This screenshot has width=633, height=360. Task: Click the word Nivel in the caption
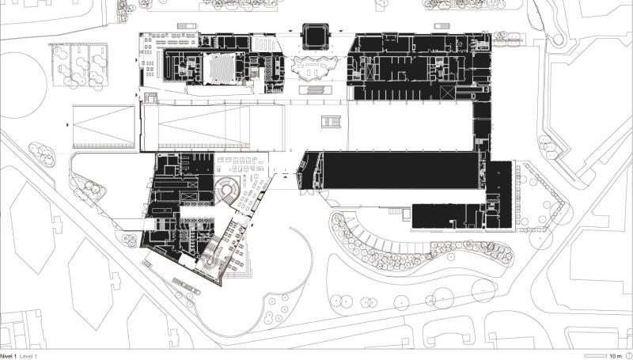[7, 356]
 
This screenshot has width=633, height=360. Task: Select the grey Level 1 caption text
[28, 356]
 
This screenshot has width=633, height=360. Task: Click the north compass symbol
[627, 355]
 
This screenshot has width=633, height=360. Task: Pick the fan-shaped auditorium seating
[219, 68]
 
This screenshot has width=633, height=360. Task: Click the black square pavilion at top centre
[315, 36]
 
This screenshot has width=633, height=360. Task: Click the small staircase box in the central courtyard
[331, 122]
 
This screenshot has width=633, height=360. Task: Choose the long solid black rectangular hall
[400, 170]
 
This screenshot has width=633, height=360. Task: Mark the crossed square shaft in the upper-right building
[448, 93]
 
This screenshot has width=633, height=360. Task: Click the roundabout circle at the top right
[558, 39]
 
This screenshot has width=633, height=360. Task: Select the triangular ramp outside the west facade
[104, 127]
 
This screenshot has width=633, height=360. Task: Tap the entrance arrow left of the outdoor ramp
[67, 126]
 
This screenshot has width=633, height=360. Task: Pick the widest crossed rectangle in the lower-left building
[188, 196]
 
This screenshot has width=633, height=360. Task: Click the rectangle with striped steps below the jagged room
[316, 89]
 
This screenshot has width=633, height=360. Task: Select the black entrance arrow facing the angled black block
[286, 176]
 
